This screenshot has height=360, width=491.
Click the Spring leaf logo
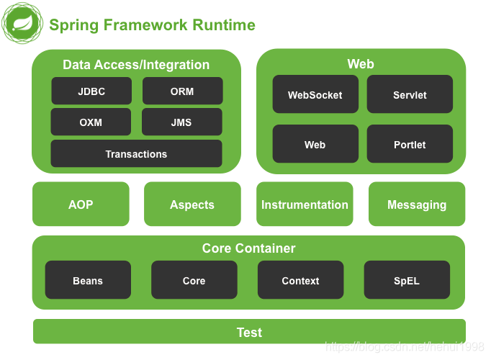pos(22,23)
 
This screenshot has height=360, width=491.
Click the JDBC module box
pos(91,91)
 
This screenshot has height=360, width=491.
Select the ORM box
pos(183,91)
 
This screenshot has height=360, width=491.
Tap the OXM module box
pos(91,122)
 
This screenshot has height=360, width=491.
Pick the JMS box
pos(182,122)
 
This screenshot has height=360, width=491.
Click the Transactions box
pos(137,153)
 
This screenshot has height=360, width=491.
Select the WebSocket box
pos(315,94)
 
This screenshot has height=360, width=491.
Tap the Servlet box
pos(410,94)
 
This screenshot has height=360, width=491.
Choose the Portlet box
pos(410,144)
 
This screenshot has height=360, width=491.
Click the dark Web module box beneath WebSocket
pos(315,144)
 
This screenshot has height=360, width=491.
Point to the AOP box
pos(81,204)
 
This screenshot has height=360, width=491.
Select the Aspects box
pos(192,204)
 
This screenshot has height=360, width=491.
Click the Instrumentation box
pos(305,204)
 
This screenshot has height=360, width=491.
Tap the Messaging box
pos(417,204)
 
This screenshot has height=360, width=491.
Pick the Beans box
pos(88,280)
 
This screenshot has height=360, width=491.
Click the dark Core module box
pos(194,280)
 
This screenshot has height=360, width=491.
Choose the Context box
pos(301,280)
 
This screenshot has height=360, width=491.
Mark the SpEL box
pos(407,280)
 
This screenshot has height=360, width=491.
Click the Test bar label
pos(249,333)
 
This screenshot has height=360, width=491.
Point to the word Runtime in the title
pos(224,24)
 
